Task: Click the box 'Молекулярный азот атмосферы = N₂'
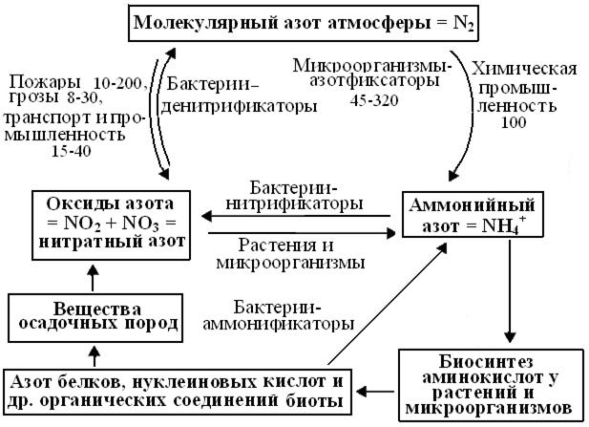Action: click(304, 23)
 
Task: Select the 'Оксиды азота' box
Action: click(111, 225)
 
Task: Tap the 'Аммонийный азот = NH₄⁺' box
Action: click(473, 215)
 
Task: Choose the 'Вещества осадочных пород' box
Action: click(95, 318)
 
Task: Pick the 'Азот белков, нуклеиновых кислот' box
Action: click(178, 392)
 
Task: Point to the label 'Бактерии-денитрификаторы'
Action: click(239, 96)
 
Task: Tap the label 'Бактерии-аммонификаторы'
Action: click(279, 316)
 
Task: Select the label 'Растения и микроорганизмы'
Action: click(290, 254)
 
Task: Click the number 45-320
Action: click(374, 100)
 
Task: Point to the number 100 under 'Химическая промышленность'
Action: click(514, 122)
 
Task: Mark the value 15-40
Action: click(72, 151)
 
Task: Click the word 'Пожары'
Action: click(45, 82)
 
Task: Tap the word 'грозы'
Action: click(34, 97)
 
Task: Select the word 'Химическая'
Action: click(524, 70)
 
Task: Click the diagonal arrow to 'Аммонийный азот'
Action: click(388, 304)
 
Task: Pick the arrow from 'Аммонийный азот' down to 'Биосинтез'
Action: click(510, 291)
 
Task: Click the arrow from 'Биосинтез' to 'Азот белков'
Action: click(375, 392)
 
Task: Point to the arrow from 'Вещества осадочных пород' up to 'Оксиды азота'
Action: click(94, 278)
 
